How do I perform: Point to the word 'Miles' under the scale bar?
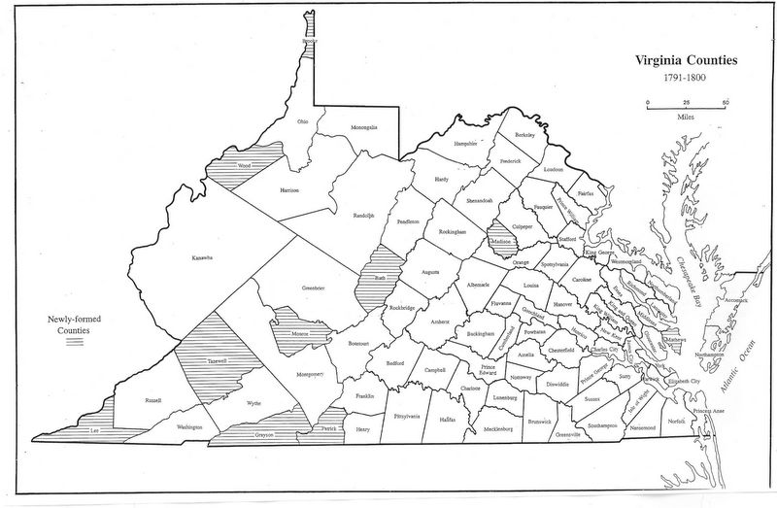coord(685,115)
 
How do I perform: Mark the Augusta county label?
coord(431,273)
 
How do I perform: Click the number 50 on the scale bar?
coord(726,102)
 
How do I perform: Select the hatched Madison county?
coord(500,240)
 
